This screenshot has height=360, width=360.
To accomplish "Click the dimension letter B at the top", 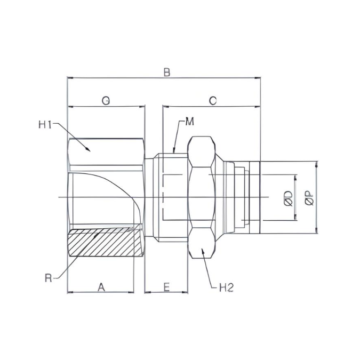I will pyautogui.click(x=166, y=72).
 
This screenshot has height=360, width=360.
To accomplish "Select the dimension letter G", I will pyautogui.click(x=106, y=100).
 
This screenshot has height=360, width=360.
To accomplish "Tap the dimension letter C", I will pyautogui.click(x=212, y=100).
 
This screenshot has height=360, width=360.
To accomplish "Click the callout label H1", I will pyautogui.click(x=45, y=125).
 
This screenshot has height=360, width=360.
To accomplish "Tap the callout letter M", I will pyautogui.click(x=189, y=122).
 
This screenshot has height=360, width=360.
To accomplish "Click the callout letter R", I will pyautogui.click(x=49, y=278).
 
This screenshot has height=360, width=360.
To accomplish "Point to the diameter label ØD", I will pyautogui.click(x=288, y=198).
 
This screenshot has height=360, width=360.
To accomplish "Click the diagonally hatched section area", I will pyautogui.click(x=106, y=243).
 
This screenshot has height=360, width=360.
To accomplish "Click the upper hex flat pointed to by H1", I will pyautogui.click(x=106, y=151).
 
